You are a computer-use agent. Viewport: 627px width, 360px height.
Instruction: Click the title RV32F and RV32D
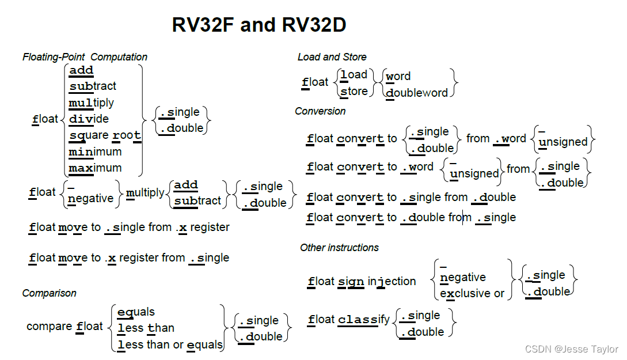tap(259, 25)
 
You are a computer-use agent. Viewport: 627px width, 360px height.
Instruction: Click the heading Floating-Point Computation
tap(85, 57)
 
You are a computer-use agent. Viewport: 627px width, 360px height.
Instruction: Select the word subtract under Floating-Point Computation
tap(93, 86)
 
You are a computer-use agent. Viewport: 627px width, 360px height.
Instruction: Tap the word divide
tap(89, 119)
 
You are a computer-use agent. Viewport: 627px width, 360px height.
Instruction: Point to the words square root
tap(105, 135)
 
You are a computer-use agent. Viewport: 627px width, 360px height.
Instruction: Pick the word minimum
tap(95, 151)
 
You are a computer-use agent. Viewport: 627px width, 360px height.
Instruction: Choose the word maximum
tap(95, 168)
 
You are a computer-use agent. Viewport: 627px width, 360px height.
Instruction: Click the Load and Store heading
tap(332, 57)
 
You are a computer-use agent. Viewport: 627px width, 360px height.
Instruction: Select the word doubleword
tap(416, 93)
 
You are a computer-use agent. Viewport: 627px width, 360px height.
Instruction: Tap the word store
tap(354, 92)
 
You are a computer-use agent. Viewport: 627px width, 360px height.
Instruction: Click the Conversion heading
tap(320, 111)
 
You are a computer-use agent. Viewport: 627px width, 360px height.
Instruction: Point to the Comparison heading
tap(49, 293)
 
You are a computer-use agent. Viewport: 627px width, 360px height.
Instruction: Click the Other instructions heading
tap(339, 248)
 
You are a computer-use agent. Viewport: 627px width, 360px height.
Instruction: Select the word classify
tap(364, 319)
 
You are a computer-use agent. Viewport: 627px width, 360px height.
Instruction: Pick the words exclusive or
tap(472, 294)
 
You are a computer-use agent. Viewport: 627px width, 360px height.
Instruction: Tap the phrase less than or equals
tap(170, 344)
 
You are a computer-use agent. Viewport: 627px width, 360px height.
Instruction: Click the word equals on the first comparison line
tap(136, 312)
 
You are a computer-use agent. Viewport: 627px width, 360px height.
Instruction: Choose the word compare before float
tap(49, 327)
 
